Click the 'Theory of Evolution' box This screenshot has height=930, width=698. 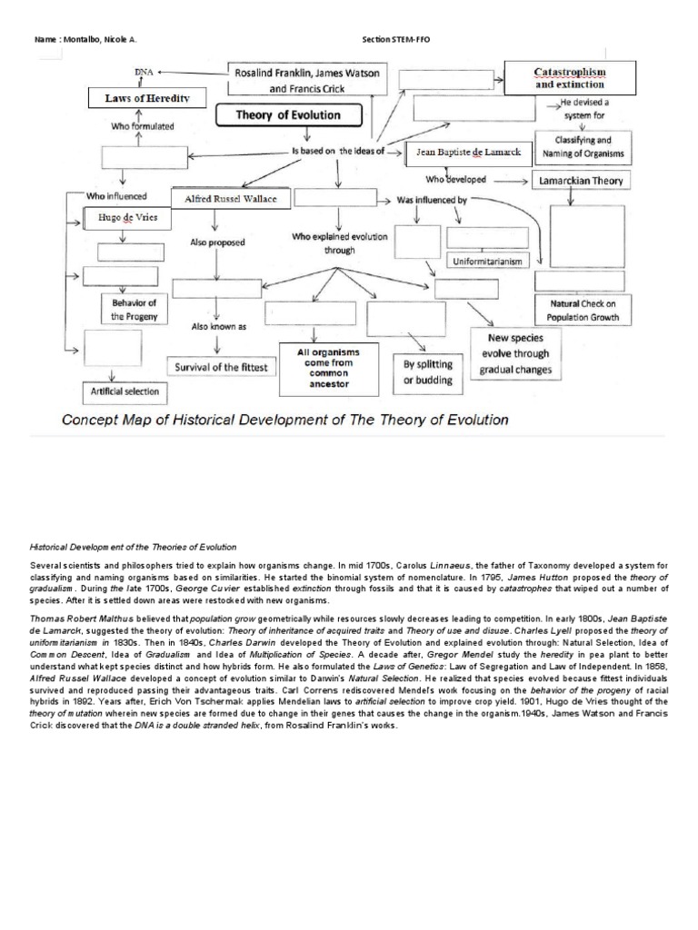pos(288,116)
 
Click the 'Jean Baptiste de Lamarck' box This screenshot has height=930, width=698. pos(468,153)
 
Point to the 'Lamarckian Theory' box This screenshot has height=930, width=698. pos(582,181)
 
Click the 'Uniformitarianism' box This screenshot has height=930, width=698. pos(488,262)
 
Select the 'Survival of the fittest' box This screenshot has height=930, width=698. pos(218,367)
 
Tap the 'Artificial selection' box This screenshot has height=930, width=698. pos(125,392)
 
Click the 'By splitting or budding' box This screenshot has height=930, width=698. pos(427,372)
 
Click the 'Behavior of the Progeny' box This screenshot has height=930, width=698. pos(134,310)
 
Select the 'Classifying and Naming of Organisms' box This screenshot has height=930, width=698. pos(583,147)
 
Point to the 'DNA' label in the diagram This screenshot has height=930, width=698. pos(144,70)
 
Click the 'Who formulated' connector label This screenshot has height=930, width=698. pos(142,127)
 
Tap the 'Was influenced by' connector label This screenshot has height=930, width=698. pos(433,199)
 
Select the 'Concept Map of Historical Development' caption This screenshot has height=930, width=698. pos(284,420)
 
